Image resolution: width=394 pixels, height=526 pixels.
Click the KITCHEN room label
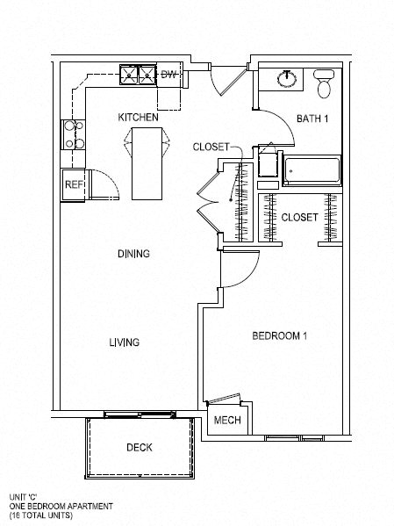pos(138,118)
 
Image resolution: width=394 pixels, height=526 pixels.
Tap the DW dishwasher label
pos(168,74)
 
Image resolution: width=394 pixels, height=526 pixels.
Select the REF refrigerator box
pos(73,185)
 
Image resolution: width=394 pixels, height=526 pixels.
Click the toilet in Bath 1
pos(324,83)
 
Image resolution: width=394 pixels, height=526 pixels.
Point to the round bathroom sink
pos(287,79)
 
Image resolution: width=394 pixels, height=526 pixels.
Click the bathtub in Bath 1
pos(312,170)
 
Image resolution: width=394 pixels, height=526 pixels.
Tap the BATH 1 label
pos(312,119)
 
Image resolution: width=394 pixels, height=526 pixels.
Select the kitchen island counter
pos(147,163)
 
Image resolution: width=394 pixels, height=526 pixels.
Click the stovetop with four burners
pos(73,135)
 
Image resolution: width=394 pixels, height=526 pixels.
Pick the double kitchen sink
pos(138,76)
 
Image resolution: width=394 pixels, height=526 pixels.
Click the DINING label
pos(133,254)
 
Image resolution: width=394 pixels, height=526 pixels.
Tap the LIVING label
pos(124,342)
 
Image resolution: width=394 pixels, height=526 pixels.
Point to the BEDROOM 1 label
pos(279,335)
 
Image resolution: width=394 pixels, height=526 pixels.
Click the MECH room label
pos(227,420)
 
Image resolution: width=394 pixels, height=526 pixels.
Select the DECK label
pos(140,447)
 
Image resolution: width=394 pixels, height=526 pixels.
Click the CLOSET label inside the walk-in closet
pos(299,218)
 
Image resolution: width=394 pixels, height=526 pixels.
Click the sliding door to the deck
pos(140,414)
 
